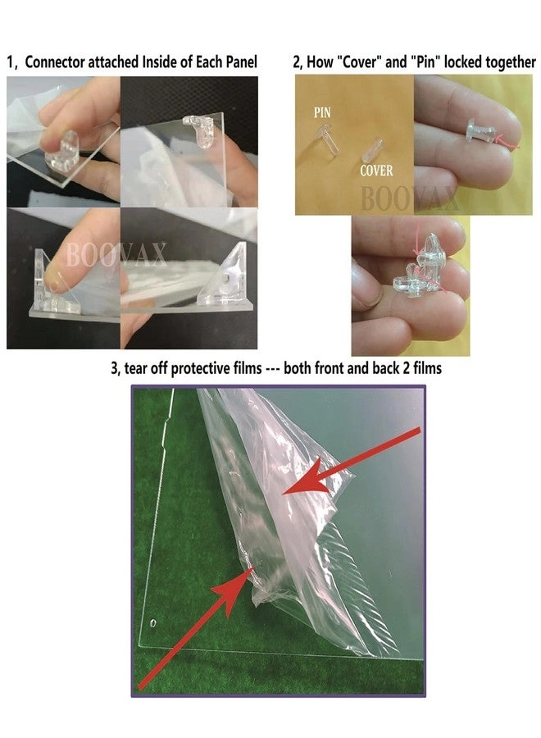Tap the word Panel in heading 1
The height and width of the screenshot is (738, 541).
(x=239, y=62)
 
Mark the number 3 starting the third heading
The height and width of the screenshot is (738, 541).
(x=114, y=369)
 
